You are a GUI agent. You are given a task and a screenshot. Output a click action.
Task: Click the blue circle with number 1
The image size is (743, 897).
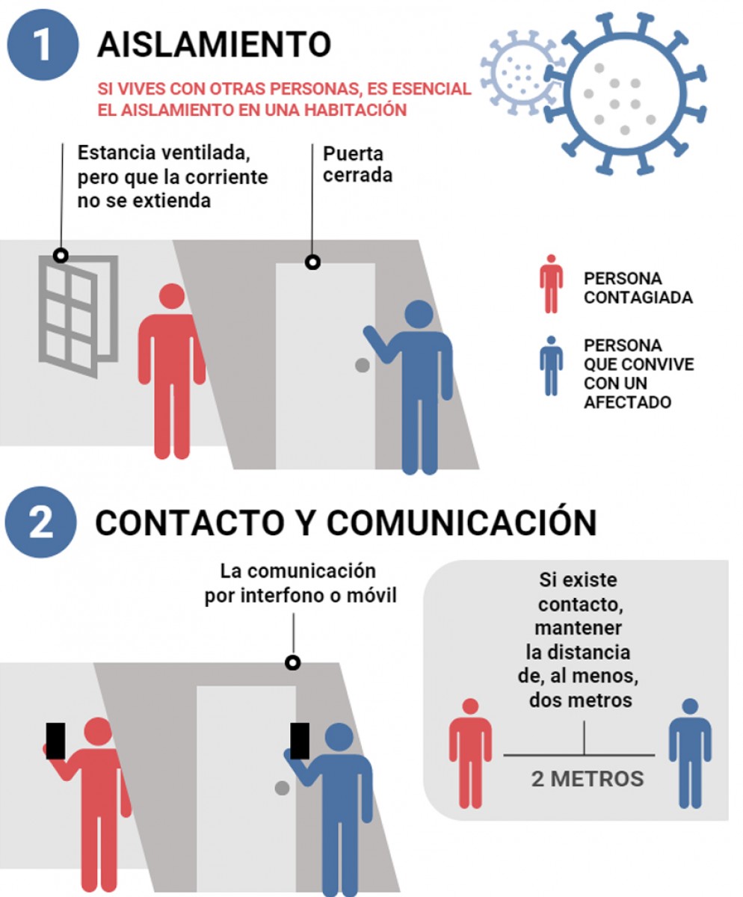43,44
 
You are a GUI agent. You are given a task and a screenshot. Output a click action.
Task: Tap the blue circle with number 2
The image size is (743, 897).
41,522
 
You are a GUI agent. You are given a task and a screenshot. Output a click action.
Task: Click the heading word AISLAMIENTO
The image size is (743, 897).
214,44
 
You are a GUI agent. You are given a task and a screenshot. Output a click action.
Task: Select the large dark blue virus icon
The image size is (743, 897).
626,93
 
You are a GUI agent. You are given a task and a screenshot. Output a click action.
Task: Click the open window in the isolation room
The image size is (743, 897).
78,316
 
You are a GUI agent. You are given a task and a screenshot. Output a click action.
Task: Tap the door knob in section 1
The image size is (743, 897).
363,366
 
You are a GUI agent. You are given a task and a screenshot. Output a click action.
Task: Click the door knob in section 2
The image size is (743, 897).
282,788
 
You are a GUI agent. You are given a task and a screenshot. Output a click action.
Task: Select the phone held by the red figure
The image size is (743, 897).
55,741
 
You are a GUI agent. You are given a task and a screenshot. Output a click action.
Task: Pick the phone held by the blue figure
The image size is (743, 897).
300,741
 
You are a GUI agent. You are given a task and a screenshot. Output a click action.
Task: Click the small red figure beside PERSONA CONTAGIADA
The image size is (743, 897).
552,284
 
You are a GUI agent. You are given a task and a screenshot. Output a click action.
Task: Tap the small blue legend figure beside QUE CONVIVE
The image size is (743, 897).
552,366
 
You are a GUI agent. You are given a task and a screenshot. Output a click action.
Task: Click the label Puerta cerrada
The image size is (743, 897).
357,164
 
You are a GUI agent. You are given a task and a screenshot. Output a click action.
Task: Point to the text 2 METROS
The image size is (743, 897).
588,790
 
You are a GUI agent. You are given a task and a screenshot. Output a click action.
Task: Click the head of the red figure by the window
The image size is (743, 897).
172,296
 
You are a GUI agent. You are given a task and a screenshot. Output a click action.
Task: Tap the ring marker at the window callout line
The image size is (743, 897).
61,256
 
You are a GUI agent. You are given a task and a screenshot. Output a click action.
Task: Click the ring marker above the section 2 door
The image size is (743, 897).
293,663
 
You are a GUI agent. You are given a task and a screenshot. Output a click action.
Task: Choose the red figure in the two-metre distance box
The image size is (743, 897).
471,754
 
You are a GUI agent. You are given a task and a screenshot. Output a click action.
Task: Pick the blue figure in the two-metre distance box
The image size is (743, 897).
690,754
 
